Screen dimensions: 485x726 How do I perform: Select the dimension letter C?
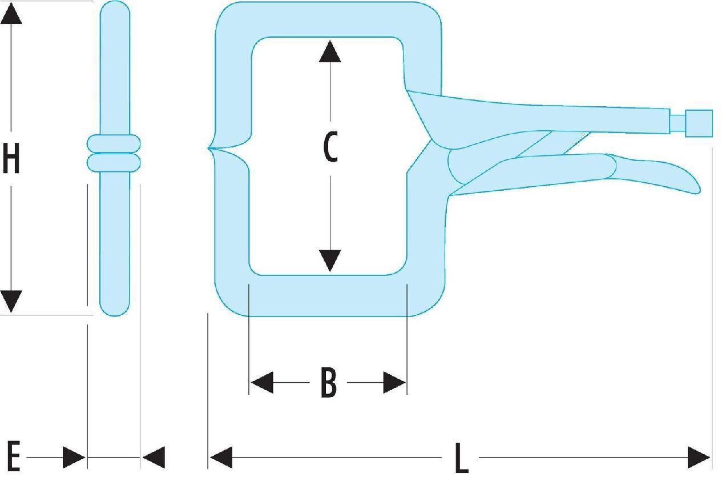(330, 147)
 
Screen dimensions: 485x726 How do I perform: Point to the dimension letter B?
(328, 383)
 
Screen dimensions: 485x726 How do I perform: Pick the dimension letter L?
(461, 458)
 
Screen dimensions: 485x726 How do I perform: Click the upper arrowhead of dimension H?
(11, 14)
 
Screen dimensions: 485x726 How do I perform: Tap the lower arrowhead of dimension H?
(11, 301)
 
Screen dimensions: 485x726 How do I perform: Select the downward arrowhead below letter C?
(330, 260)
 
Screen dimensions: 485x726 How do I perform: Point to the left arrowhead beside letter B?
(262, 383)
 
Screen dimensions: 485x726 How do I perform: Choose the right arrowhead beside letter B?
(394, 383)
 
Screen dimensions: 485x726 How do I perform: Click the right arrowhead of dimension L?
(699, 458)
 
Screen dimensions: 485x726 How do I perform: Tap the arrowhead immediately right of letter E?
(74, 457)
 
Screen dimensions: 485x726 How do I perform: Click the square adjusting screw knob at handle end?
(699, 123)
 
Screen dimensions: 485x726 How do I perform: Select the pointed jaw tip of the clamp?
(209, 148)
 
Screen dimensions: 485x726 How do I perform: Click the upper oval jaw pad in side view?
(114, 143)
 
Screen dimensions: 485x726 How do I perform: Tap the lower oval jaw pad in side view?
(114, 163)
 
